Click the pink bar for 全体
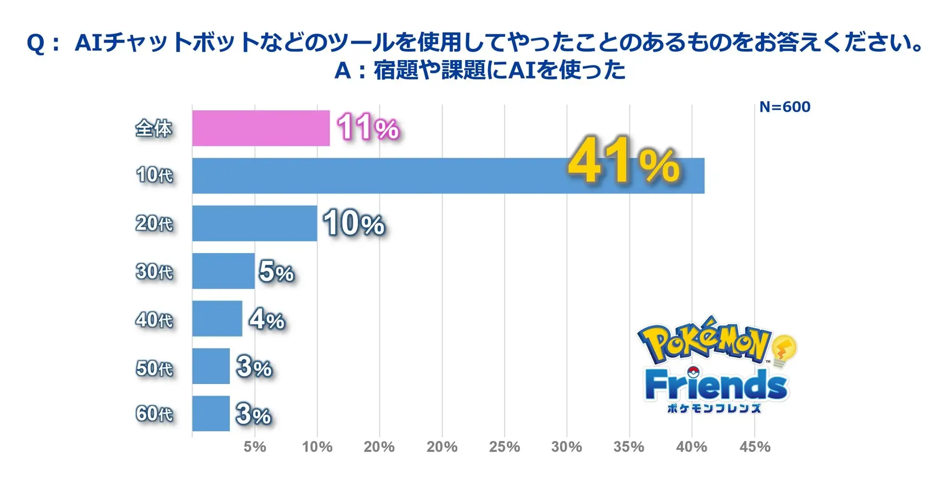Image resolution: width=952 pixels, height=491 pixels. point(261,128)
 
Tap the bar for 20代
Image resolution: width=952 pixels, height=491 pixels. point(254,223)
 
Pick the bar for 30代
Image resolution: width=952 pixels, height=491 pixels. point(223,271)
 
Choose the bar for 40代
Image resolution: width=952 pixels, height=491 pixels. point(217,319)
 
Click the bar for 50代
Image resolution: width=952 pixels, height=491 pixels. point(210,366)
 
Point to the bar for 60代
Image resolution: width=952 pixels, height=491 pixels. point(210,413)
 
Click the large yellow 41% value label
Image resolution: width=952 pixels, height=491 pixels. point(624,161)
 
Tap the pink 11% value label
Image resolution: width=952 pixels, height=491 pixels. point(368,128)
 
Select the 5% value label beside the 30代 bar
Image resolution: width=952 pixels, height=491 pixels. point(276,272)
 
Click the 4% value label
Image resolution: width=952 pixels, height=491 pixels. point(267,320)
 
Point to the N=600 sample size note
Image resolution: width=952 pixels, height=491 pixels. point(785,107)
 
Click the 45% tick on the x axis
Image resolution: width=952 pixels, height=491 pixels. point(755,447)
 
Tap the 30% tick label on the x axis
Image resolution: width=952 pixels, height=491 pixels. point(566,447)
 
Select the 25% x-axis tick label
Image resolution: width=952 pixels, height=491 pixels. point(504,447)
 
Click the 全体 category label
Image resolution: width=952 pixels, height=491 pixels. point(154,128)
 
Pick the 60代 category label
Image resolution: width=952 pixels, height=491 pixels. point(154,414)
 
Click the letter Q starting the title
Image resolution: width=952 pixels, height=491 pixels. point(36,43)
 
